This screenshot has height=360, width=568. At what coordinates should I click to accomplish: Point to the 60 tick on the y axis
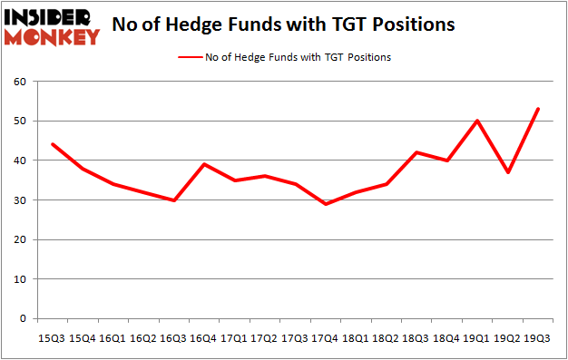point(19,82)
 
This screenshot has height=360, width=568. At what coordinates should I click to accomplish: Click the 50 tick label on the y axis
point(19,122)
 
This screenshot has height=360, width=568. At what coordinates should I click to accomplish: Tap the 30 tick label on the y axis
point(19,200)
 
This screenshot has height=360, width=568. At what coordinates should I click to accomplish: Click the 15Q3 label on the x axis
point(50,338)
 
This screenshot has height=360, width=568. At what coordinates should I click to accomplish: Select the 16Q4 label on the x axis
point(203,338)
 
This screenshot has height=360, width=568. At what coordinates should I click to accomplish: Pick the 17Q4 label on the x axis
point(325,338)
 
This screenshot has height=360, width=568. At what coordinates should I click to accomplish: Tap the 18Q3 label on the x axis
point(416,338)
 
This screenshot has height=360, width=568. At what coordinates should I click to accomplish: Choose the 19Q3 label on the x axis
point(538,338)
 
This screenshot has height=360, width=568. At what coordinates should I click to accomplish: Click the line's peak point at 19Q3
point(538,109)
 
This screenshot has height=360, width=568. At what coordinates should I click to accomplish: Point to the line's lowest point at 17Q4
point(325,204)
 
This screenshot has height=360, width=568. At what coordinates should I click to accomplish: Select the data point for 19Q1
point(477,121)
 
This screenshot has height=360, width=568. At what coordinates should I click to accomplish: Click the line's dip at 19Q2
point(508,172)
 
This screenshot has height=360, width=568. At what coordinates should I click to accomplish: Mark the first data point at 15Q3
point(51,144)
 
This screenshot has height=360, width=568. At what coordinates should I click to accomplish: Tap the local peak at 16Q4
point(203,164)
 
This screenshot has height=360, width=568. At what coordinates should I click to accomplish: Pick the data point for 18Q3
point(416,152)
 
